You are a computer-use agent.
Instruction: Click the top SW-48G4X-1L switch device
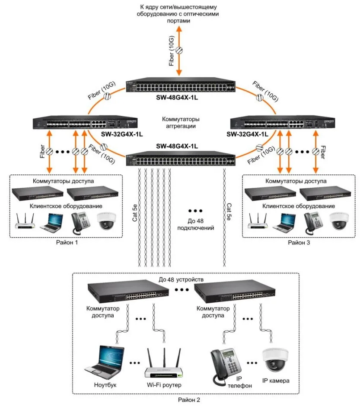[x=180, y=86]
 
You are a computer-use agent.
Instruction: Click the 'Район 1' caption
[x=67, y=242]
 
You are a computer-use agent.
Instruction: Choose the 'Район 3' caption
[x=300, y=242]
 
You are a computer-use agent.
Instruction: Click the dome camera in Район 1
[x=105, y=221]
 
